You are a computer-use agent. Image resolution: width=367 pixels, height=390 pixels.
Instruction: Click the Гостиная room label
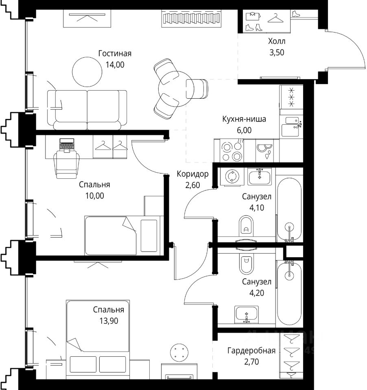click(x=115, y=54)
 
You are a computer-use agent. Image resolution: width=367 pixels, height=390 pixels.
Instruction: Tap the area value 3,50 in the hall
click(x=277, y=52)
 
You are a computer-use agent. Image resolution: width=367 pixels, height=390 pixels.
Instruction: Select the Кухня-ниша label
click(x=244, y=119)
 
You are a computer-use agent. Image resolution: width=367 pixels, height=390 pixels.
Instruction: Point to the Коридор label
click(x=192, y=174)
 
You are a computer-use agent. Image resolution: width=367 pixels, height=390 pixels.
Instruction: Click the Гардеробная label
click(x=251, y=351)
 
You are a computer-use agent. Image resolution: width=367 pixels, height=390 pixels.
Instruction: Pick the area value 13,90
click(x=109, y=321)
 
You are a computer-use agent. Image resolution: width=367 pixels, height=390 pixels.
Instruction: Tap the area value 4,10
click(x=257, y=208)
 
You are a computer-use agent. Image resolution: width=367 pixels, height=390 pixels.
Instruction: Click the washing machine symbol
click(x=232, y=176)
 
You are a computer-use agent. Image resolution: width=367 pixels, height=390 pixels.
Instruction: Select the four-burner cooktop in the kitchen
click(x=232, y=151)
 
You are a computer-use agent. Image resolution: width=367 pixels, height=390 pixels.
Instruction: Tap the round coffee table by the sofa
click(x=87, y=71)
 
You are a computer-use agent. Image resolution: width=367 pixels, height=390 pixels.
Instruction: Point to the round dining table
click(x=176, y=89)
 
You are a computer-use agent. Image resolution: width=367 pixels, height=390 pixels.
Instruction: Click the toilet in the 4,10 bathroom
click(x=246, y=226)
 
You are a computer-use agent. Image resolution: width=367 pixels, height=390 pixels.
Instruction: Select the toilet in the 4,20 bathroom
click(x=246, y=263)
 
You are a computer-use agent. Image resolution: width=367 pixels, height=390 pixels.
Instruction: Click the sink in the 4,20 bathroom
click(x=247, y=314)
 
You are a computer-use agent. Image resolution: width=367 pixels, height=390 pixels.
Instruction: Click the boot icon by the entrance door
click(x=295, y=14)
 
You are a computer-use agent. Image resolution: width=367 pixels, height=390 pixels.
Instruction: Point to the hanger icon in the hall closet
click(x=275, y=18)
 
